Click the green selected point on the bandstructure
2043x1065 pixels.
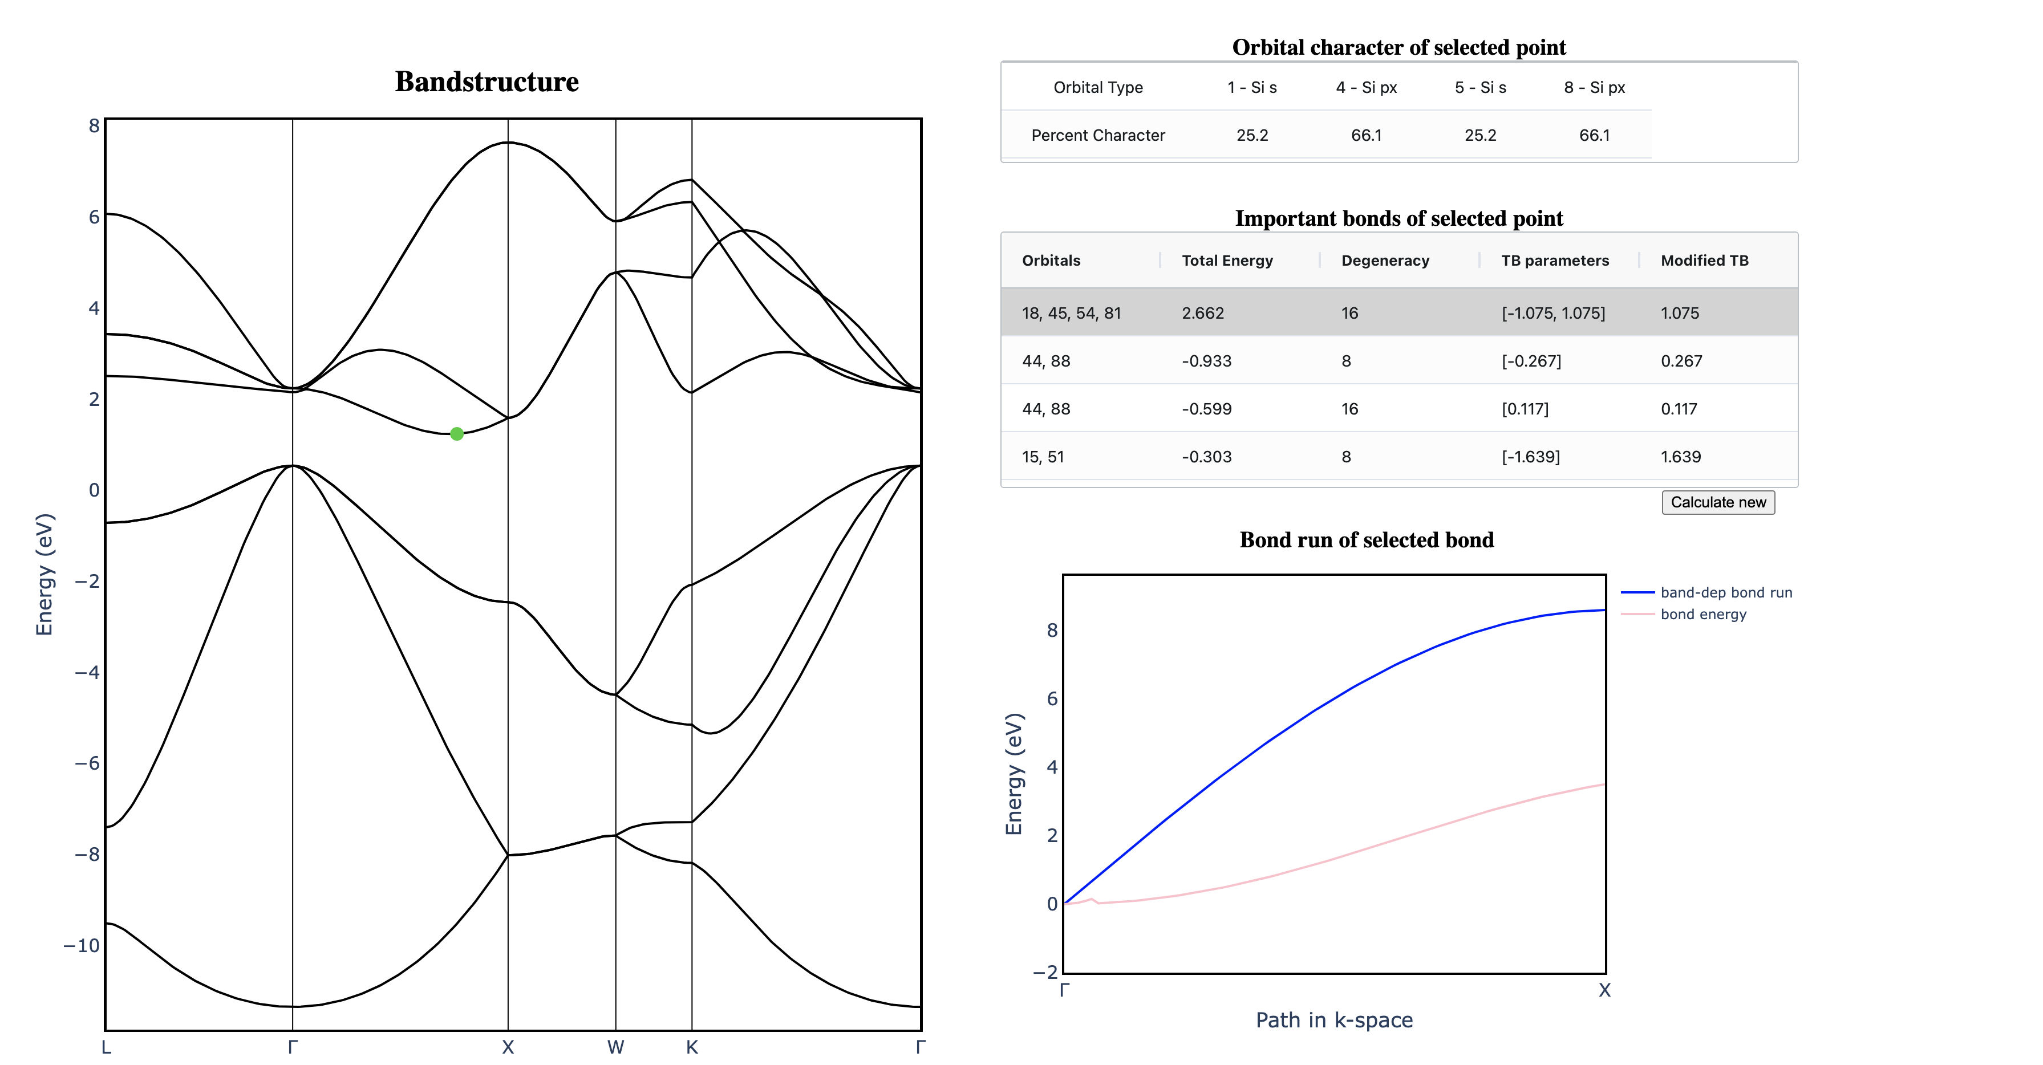click(457, 434)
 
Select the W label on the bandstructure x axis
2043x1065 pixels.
click(615, 1047)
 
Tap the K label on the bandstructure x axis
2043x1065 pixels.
click(692, 1047)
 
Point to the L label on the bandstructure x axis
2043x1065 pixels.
click(106, 1047)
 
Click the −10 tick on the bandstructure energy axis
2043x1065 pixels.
click(82, 945)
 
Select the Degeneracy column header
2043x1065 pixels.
click(1385, 260)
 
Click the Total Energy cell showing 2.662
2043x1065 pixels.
click(1202, 312)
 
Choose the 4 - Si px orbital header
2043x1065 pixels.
click(1365, 87)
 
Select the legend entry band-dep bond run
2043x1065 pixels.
click(1726, 592)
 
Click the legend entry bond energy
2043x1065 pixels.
click(1702, 614)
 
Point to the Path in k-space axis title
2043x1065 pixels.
click(1334, 1020)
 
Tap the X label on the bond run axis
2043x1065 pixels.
click(1604, 990)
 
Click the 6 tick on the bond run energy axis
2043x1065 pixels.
click(1052, 698)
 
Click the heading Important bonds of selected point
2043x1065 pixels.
click(1399, 218)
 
